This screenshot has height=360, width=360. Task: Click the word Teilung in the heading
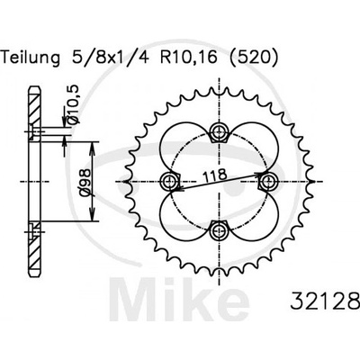click(x=31, y=58)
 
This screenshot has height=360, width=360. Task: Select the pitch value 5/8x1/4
click(x=111, y=58)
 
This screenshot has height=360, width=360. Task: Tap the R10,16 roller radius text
click(x=189, y=58)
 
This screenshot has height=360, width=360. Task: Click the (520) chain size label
click(x=254, y=58)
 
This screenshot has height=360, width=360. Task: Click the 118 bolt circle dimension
click(x=214, y=175)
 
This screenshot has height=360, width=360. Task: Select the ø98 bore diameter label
click(x=85, y=183)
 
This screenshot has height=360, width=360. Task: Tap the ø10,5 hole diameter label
click(x=74, y=104)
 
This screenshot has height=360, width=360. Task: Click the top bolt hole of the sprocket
click(x=219, y=130)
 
